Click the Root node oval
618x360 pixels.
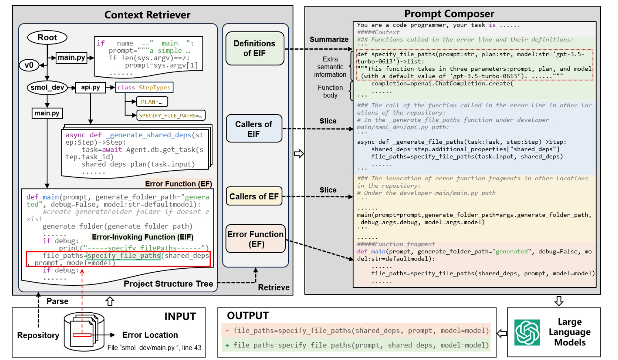(47, 38)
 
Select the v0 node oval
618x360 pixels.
(29, 65)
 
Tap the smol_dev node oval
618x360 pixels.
(47, 87)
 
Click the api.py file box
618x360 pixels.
(90, 87)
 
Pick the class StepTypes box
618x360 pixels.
(144, 87)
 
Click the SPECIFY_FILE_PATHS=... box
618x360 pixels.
(171, 116)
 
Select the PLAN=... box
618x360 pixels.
(152, 102)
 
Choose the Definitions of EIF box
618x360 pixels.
(255, 48)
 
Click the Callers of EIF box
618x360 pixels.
(254, 129)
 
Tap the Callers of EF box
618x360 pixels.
(254, 196)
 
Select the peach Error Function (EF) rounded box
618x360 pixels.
(256, 239)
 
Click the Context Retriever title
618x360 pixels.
(147, 15)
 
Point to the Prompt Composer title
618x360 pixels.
(449, 14)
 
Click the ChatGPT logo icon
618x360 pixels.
(527, 332)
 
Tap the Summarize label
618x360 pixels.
(329, 39)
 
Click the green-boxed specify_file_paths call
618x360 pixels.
(124, 255)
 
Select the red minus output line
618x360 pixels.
(356, 331)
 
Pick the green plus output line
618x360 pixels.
(356, 345)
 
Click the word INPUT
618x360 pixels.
(180, 316)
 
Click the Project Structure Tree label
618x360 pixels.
(168, 284)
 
